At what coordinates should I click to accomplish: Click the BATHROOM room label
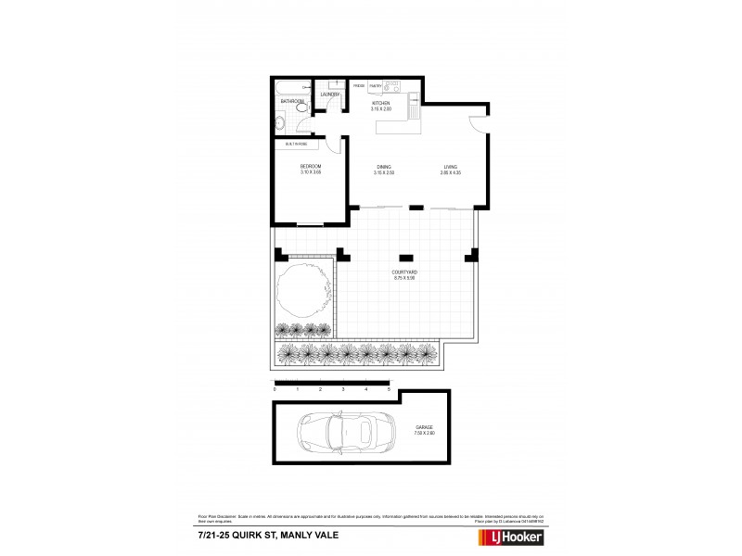click(x=293, y=101)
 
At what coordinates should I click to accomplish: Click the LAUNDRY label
click(x=330, y=95)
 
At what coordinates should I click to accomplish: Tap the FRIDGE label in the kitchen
click(x=358, y=85)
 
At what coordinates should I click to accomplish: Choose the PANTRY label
click(x=376, y=85)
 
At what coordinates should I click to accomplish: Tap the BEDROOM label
click(x=310, y=167)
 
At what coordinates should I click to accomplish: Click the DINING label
click(x=384, y=167)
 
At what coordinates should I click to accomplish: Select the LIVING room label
click(x=450, y=167)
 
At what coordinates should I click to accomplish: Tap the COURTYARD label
click(x=405, y=272)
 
